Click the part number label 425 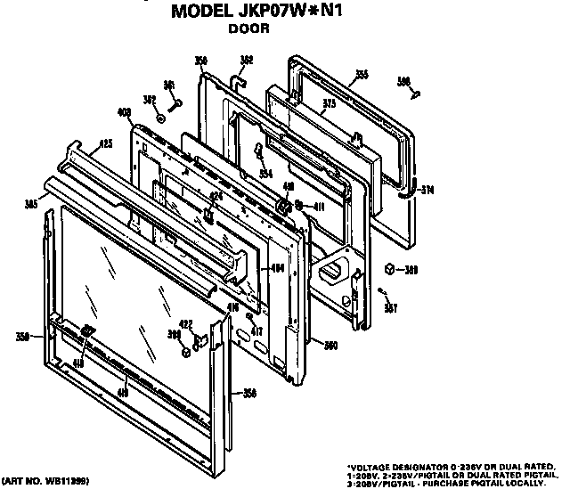pyautogui.click(x=105, y=143)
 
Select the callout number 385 pyautogui.click(x=30, y=204)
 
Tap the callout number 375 pyautogui.click(x=328, y=102)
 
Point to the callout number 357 pyautogui.click(x=390, y=308)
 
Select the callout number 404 pyautogui.click(x=277, y=267)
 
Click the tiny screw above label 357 pyautogui.click(x=381, y=290)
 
